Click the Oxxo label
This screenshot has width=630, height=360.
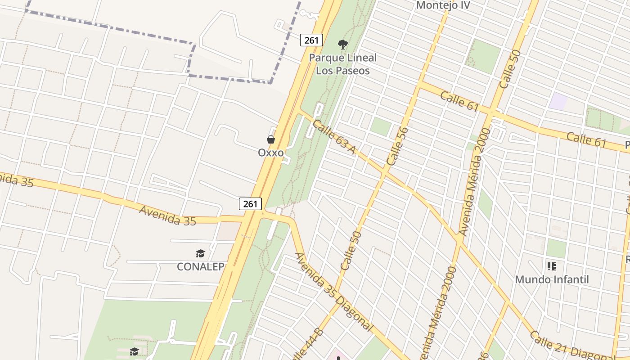click(271, 153)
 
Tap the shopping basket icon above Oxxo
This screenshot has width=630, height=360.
click(271, 139)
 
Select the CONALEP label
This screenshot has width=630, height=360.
click(200, 266)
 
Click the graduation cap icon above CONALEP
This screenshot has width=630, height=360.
click(200, 254)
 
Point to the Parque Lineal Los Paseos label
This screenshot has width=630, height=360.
click(343, 64)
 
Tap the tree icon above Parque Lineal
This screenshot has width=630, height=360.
click(343, 44)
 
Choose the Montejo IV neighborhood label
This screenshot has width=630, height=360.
click(443, 5)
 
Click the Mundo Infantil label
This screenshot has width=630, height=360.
click(552, 279)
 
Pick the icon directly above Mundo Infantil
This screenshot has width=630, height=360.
click(552, 266)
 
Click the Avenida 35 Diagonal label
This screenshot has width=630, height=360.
click(333, 292)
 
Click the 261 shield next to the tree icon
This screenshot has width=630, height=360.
click(311, 40)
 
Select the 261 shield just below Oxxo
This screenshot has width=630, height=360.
click(250, 204)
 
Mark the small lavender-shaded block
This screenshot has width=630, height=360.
click(558, 101)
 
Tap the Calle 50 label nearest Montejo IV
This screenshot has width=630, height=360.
click(510, 69)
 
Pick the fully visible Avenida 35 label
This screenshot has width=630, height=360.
click(167, 215)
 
